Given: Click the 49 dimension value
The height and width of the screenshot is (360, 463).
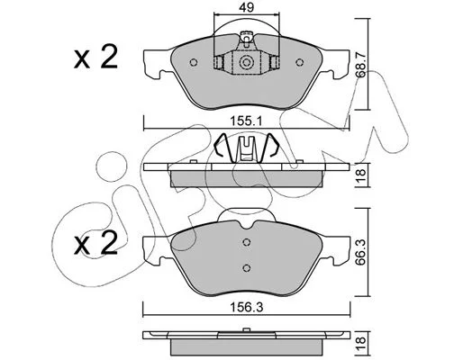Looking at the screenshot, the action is pos(247,7).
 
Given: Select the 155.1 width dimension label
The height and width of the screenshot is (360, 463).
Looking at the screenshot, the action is pos(247,121).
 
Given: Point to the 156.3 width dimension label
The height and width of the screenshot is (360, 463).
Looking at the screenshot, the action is pos(247,307).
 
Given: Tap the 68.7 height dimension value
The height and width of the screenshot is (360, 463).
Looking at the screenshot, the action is pos(361,65).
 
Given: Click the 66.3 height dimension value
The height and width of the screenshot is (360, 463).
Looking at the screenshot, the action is pos(361,252).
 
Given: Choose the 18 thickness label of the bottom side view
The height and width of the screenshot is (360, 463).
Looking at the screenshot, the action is pos(361,341).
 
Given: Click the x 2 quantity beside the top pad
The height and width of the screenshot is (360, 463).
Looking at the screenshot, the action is pos(95,58).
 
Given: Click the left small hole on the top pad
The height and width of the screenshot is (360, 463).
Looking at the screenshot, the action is pos(194,62).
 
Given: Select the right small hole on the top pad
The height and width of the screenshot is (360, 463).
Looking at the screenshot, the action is pos(299,62).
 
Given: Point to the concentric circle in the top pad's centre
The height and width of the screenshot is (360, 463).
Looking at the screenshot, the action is pos(247,63).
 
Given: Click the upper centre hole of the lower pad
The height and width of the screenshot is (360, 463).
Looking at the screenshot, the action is pos(247,242).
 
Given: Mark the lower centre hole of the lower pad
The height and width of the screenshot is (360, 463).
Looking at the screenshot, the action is pos(247,267).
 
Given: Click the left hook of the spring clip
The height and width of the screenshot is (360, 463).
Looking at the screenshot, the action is pos(221,146).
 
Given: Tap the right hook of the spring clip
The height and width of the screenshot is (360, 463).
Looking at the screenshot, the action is pos(272,146).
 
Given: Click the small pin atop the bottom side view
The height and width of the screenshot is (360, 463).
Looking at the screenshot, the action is pos(247,330).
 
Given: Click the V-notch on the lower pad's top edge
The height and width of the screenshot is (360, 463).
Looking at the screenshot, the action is pos(247,226).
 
